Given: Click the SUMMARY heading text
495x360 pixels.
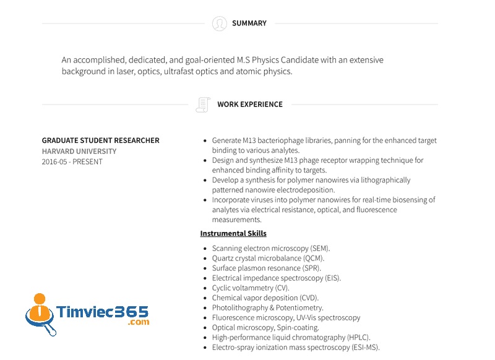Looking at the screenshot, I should [249, 24].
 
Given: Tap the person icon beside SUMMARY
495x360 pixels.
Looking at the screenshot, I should [219, 24].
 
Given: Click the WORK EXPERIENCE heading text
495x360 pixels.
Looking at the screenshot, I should [249, 105].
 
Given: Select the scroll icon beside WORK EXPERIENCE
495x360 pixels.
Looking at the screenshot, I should [202, 105].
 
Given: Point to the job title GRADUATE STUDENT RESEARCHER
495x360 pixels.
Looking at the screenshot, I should [100, 140].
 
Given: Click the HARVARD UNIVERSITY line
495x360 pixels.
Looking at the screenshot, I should [79, 151].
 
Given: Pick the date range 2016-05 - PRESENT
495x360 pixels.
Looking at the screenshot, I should [72, 161].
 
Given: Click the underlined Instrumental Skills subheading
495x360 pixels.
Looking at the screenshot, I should [233, 233].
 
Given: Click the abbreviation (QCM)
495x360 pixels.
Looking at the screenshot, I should [313, 259].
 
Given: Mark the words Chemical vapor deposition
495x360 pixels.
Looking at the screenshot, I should [255, 298].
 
